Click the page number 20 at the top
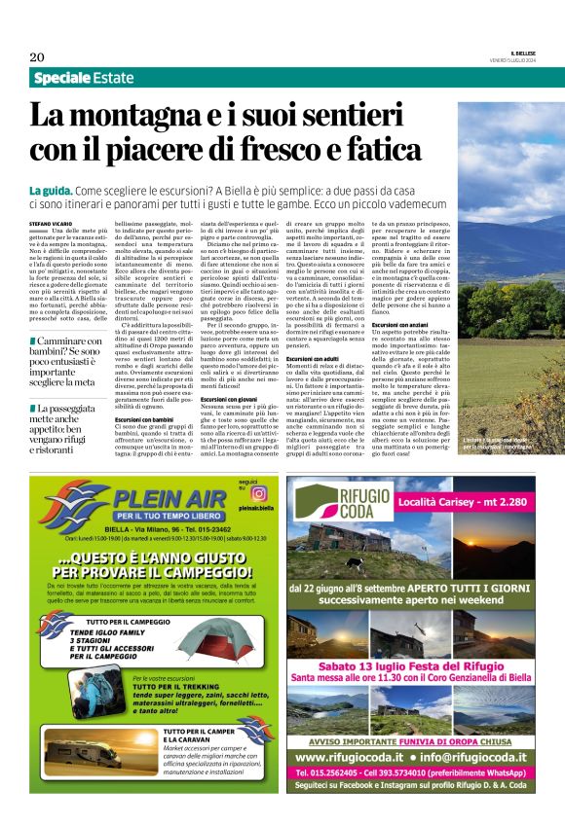(x=38, y=57)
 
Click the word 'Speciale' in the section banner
(x=62, y=78)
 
